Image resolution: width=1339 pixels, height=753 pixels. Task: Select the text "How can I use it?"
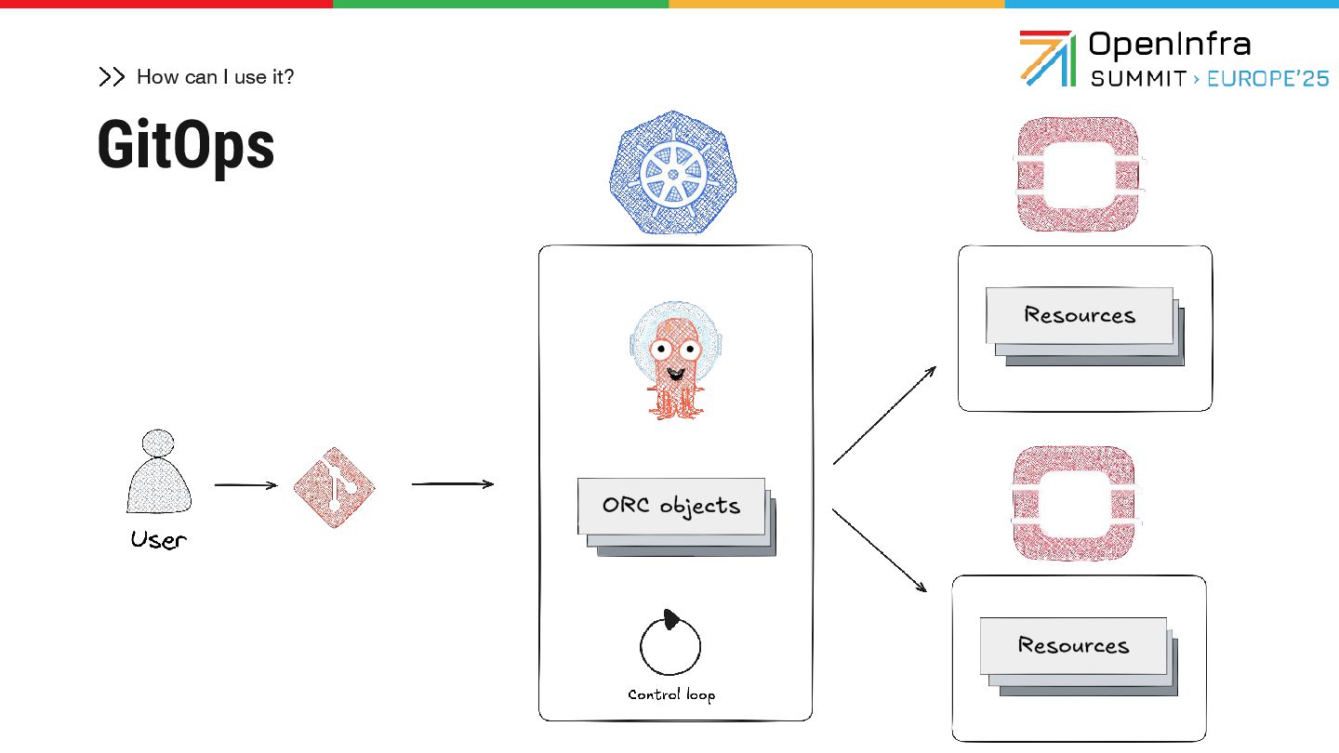pyautogui.click(x=215, y=77)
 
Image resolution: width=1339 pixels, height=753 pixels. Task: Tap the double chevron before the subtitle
pyautogui.click(x=112, y=77)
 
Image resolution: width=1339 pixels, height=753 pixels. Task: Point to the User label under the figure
pyautogui.click(x=158, y=540)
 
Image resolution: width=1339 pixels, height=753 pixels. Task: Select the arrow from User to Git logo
pyautogui.click(x=245, y=484)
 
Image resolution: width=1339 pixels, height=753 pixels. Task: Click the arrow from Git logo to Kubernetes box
pyautogui.click(x=452, y=483)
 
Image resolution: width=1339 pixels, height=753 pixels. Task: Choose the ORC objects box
pyautogui.click(x=671, y=507)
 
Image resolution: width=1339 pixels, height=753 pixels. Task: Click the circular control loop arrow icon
pyautogui.click(x=669, y=643)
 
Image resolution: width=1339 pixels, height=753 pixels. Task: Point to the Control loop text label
pyautogui.click(x=671, y=694)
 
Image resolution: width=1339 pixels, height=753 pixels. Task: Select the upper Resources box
pyautogui.click(x=1080, y=315)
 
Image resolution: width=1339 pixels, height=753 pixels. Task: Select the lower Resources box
pyautogui.click(x=1073, y=645)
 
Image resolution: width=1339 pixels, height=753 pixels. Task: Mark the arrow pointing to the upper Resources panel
pyautogui.click(x=884, y=415)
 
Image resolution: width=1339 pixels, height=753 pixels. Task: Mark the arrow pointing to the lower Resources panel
pyautogui.click(x=880, y=550)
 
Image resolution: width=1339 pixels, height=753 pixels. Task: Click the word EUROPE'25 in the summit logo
pyautogui.click(x=1267, y=79)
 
